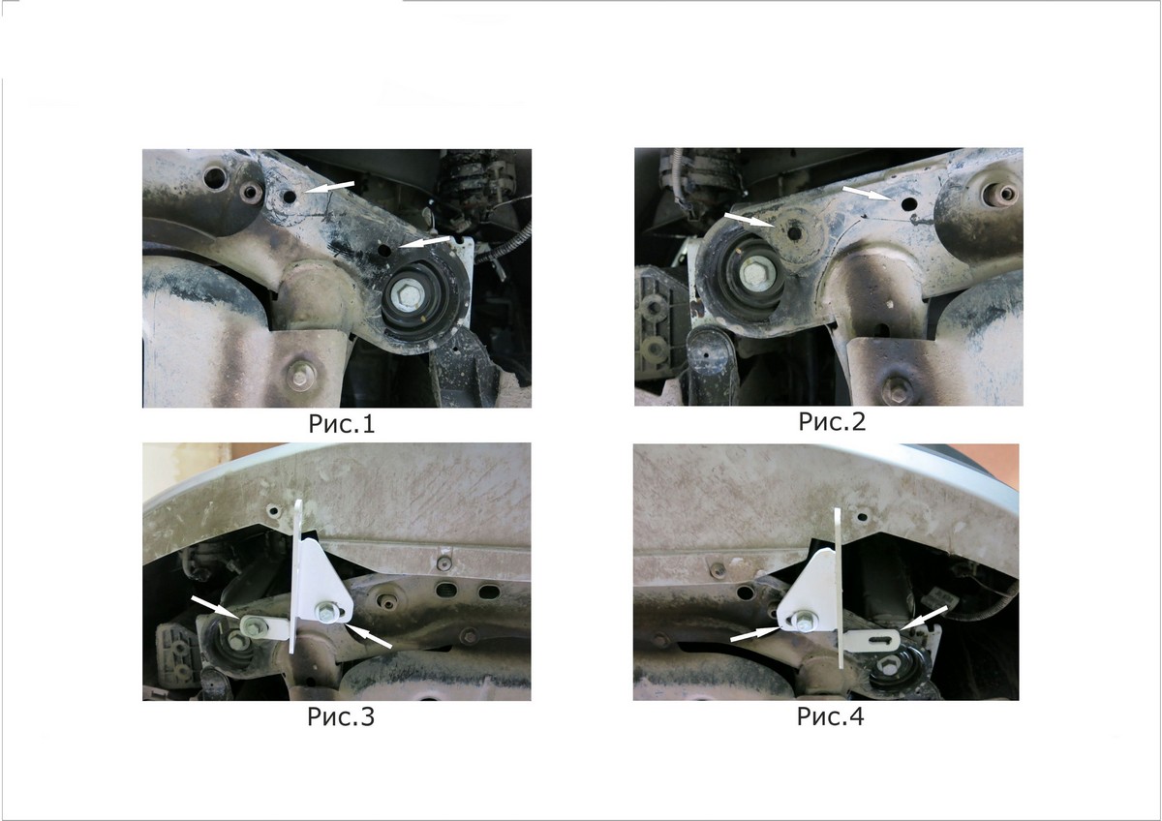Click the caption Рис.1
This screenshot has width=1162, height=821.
coord(341,424)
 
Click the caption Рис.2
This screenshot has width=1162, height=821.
coord(832,422)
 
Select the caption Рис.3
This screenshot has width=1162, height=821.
coord(341,716)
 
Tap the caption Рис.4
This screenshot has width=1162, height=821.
coord(831,716)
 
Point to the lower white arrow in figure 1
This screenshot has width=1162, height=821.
coord(425,242)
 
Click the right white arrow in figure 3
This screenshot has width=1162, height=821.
coord(369,636)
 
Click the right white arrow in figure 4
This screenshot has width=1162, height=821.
coord(924,618)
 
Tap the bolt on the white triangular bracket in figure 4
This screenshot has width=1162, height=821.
coord(804,619)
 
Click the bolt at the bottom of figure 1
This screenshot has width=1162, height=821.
coord(300,374)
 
